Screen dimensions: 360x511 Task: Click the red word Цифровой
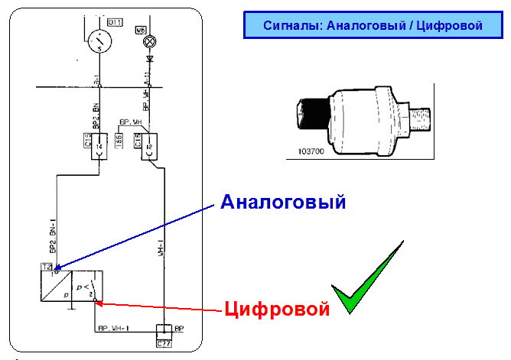pyautogui.click(x=277, y=310)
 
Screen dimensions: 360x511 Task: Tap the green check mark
pyautogui.click(x=367, y=279)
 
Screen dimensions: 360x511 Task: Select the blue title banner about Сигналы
pyautogui.click(x=372, y=25)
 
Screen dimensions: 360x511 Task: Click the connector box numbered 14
pyautogui.click(x=98, y=148)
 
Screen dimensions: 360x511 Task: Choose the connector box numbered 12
pyautogui.click(x=148, y=148)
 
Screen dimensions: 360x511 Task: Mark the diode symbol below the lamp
pyautogui.click(x=150, y=58)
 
